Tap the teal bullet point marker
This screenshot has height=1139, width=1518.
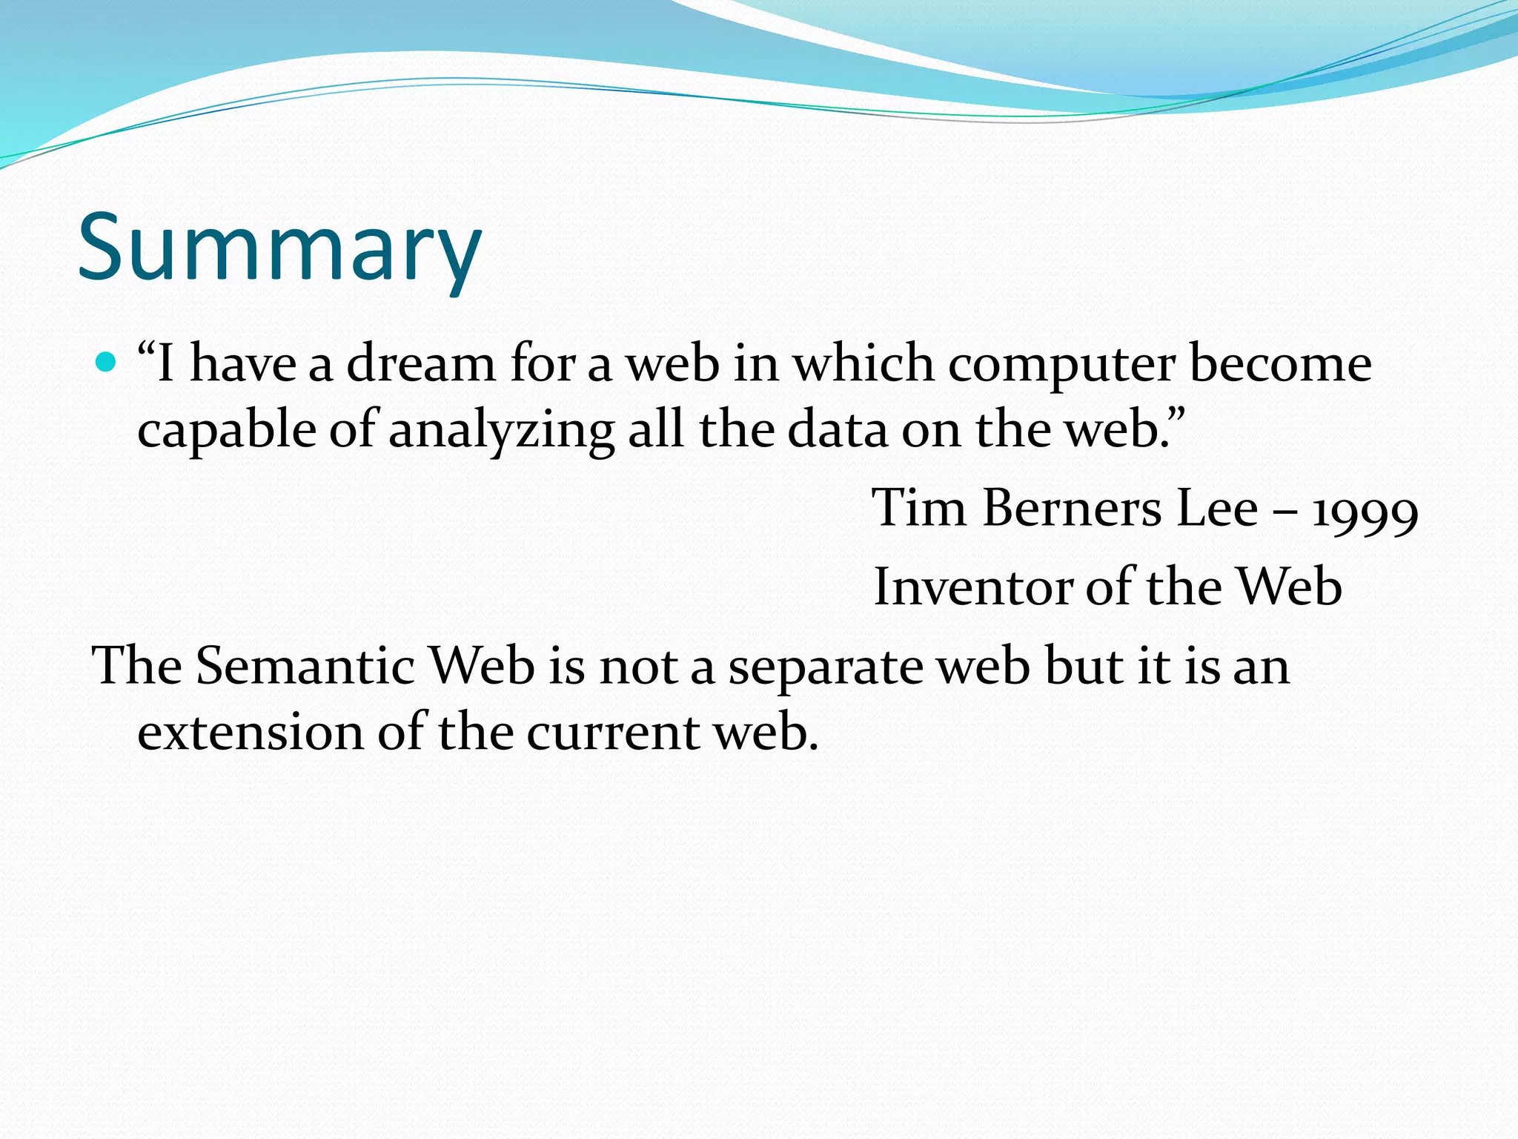point(107,363)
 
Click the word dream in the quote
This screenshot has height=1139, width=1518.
point(420,364)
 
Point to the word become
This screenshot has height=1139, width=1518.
point(1280,364)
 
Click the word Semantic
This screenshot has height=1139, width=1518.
point(305,665)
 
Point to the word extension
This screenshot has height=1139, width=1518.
point(251,733)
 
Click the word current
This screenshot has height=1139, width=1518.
point(613,733)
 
